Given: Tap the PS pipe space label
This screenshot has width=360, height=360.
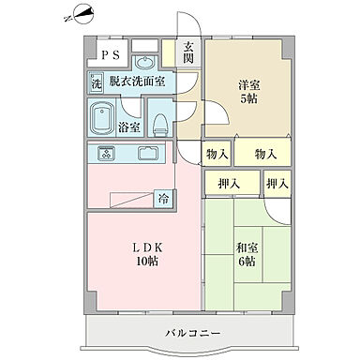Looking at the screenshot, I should click(111, 54).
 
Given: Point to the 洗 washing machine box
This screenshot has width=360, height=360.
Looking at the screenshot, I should click(97, 82).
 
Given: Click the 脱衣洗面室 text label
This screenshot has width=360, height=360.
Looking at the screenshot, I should click(137, 82).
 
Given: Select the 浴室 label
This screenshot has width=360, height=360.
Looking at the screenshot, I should click(129, 127).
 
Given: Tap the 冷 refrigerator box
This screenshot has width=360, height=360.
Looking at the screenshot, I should click(163, 199).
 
